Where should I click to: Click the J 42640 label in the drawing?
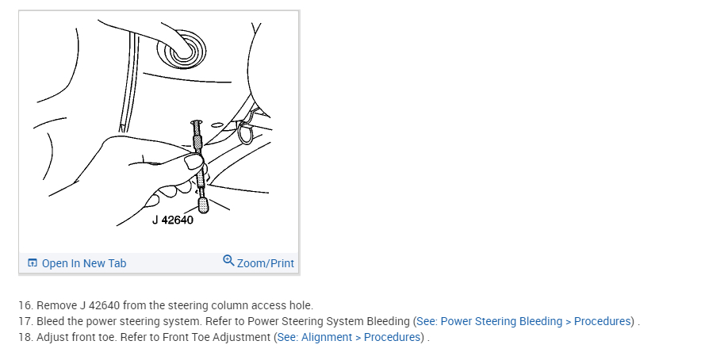[x=172, y=220]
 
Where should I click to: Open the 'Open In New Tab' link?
[x=83, y=263]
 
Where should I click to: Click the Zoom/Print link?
[x=265, y=263]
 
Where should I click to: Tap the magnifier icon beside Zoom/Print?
[x=228, y=261]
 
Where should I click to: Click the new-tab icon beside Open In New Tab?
[x=33, y=263]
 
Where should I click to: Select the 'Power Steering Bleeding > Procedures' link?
[x=536, y=321]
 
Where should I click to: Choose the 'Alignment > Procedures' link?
[x=361, y=337]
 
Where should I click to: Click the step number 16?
[x=25, y=305]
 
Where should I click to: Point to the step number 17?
[x=25, y=321]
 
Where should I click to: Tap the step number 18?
[x=25, y=337]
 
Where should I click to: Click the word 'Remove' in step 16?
[x=56, y=305]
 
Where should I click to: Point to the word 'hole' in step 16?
[x=300, y=305]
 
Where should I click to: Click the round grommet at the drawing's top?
[x=182, y=49]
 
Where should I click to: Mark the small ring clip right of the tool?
[x=245, y=133]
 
